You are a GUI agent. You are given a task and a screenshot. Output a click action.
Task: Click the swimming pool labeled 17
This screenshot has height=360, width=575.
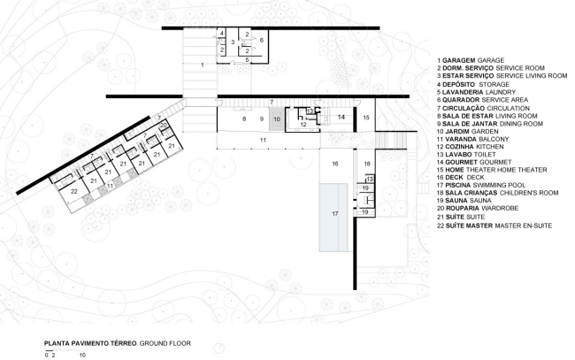point(333,218)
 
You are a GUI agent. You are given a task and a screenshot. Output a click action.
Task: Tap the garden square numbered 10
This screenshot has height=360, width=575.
point(277,119)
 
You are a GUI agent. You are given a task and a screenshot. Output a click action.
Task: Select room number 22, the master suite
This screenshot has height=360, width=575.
point(74,191)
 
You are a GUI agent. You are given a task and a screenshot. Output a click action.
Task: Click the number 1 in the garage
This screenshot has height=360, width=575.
point(203,65)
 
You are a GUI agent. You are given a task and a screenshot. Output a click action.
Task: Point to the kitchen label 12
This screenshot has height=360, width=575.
point(303,125)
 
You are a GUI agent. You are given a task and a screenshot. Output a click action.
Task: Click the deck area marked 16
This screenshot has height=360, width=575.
point(335,164)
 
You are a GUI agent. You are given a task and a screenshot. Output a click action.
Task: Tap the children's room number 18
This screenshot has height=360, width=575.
point(367,164)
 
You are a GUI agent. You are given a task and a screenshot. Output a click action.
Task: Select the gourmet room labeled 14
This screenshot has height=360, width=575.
point(341,118)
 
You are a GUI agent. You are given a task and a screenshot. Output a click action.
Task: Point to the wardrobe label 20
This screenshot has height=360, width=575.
point(164,126)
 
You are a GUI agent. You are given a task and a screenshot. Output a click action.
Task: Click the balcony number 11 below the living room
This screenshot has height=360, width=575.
point(263,140)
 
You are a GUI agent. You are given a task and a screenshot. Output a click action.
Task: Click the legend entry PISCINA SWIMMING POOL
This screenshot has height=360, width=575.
point(481,185)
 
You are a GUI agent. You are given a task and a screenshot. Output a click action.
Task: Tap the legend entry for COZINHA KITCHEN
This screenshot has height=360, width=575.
point(471,147)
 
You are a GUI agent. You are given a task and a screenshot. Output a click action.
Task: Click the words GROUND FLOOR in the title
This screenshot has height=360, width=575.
point(165,343)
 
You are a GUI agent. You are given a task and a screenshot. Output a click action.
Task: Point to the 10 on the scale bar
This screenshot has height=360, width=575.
point(82,355)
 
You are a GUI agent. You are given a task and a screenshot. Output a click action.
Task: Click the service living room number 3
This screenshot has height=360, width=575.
point(233,42)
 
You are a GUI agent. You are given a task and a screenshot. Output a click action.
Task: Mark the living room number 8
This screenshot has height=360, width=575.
point(244,119)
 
